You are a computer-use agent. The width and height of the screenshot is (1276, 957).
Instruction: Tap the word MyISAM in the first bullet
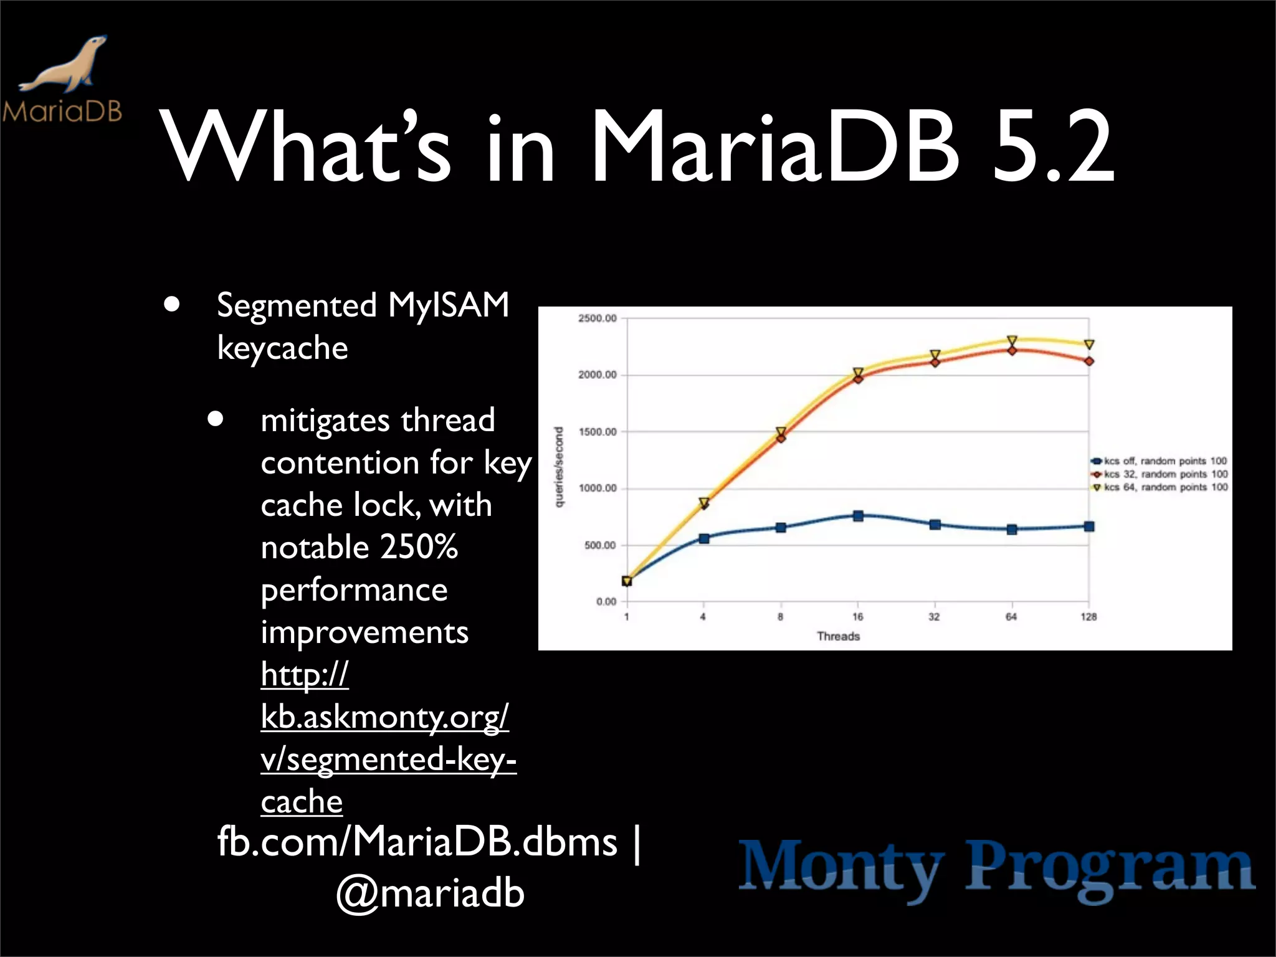pyautogui.click(x=449, y=305)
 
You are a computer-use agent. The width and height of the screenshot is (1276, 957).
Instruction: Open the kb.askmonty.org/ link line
pyautogui.click(x=384, y=717)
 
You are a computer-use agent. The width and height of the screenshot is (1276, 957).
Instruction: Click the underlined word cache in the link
pyautogui.click(x=302, y=802)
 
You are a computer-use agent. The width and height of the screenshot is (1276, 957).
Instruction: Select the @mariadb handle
pyautogui.click(x=431, y=893)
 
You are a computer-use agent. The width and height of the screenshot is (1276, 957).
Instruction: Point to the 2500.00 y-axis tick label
pyautogui.click(x=597, y=318)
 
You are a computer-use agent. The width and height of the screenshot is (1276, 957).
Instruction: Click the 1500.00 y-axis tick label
pyautogui.click(x=597, y=432)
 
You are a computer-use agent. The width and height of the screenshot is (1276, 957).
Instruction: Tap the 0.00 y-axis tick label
pyautogui.click(x=606, y=602)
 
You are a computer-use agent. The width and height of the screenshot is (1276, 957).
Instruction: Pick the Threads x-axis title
pyautogui.click(x=838, y=636)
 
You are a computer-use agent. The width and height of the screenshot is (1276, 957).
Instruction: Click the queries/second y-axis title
pyautogui.click(x=559, y=467)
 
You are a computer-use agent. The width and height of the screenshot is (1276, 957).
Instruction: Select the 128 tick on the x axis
pyautogui.click(x=1088, y=617)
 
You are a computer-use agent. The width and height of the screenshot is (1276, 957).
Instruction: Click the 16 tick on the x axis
pyautogui.click(x=858, y=617)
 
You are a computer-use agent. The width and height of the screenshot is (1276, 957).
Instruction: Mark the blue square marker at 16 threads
pyautogui.click(x=858, y=516)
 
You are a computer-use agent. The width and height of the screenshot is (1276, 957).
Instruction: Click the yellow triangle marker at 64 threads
pyautogui.click(x=1012, y=340)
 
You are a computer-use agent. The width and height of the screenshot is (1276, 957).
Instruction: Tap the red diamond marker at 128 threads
pyautogui.click(x=1088, y=361)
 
